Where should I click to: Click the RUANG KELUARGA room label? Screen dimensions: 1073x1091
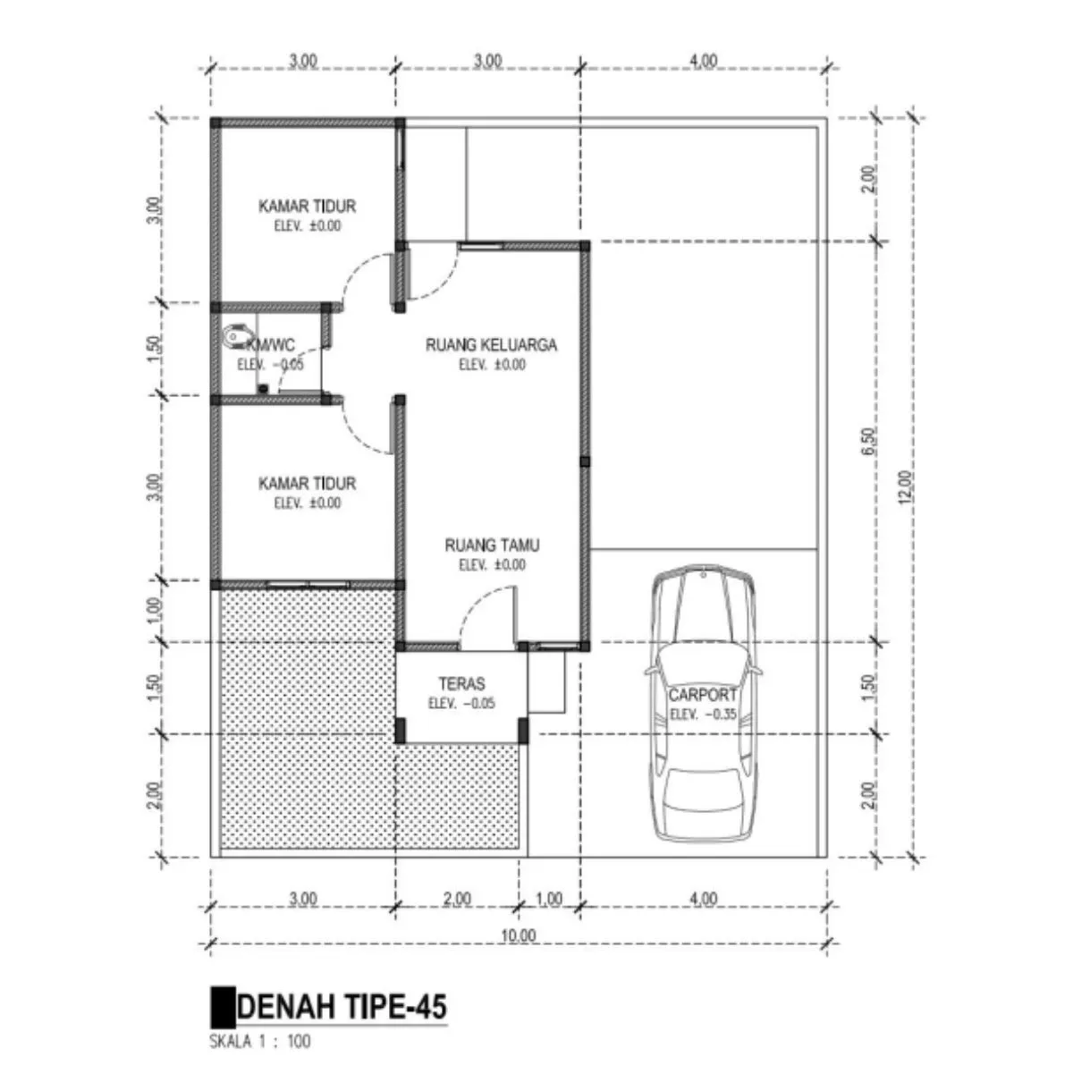coord(491,345)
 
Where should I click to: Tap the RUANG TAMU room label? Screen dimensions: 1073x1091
coord(492,545)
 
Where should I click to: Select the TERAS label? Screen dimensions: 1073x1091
coord(461,684)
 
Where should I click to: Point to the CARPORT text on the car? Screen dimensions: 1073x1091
coord(703,695)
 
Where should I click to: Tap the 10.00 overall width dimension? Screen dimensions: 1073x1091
coord(518,936)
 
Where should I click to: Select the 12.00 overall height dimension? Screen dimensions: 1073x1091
coord(906,486)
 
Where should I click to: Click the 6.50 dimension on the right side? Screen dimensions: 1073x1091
coord(870,441)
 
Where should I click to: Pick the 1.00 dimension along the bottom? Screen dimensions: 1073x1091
coord(549,899)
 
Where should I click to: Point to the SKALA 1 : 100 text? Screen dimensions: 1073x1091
coord(260,1042)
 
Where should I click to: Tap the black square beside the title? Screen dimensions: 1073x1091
coord(223,1008)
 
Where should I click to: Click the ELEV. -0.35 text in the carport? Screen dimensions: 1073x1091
coord(703,715)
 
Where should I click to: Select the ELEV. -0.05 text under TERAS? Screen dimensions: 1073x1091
coord(461,704)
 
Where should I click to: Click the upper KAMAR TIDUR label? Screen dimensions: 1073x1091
coord(307,206)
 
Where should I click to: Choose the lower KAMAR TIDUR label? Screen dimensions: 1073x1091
coord(307,484)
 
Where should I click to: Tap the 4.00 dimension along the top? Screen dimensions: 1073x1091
coord(703,61)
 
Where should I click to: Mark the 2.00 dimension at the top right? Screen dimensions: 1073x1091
coord(870,179)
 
